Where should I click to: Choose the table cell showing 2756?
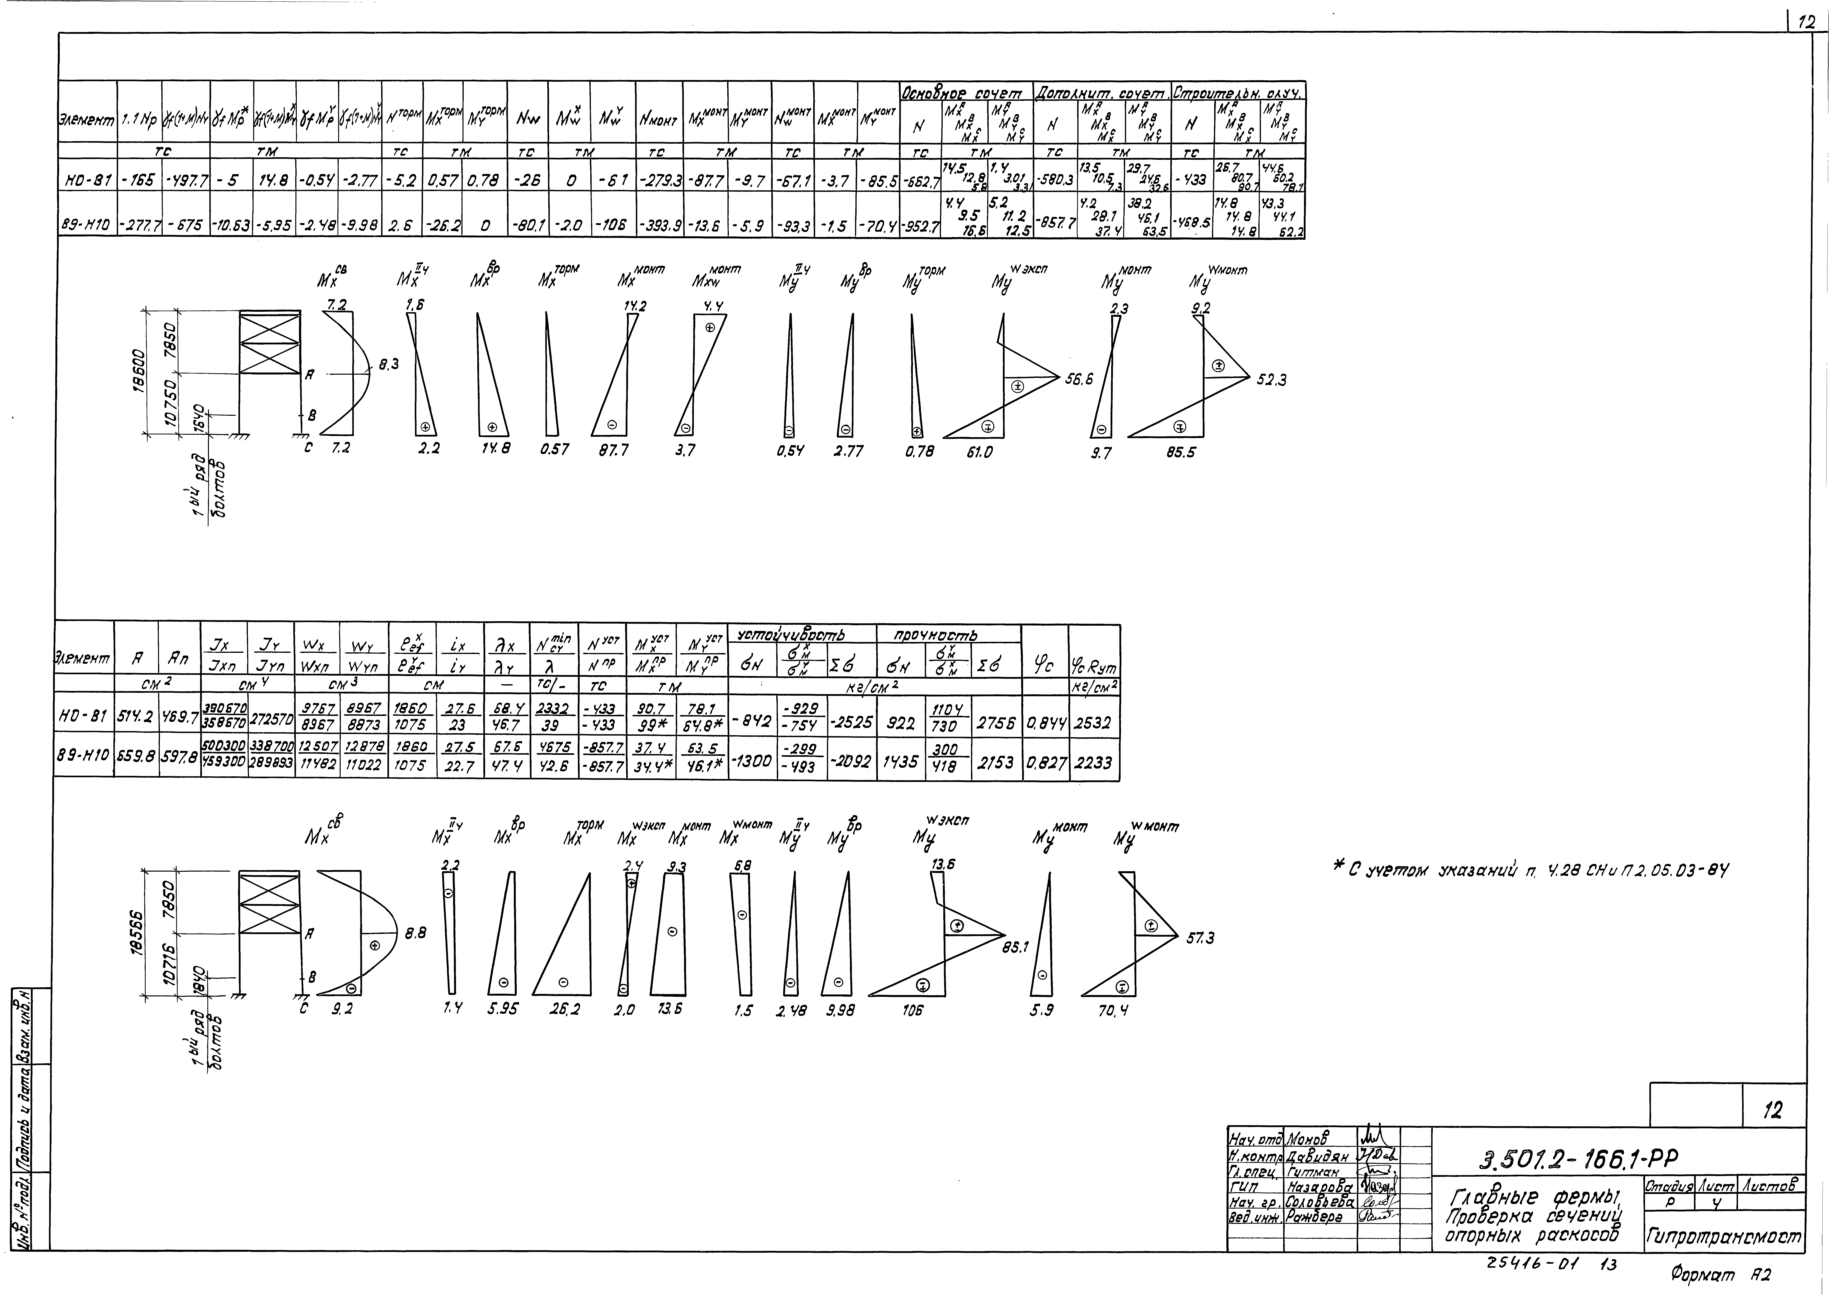pyautogui.click(x=996, y=723)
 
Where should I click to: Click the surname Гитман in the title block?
pyautogui.click(x=1314, y=1173)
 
